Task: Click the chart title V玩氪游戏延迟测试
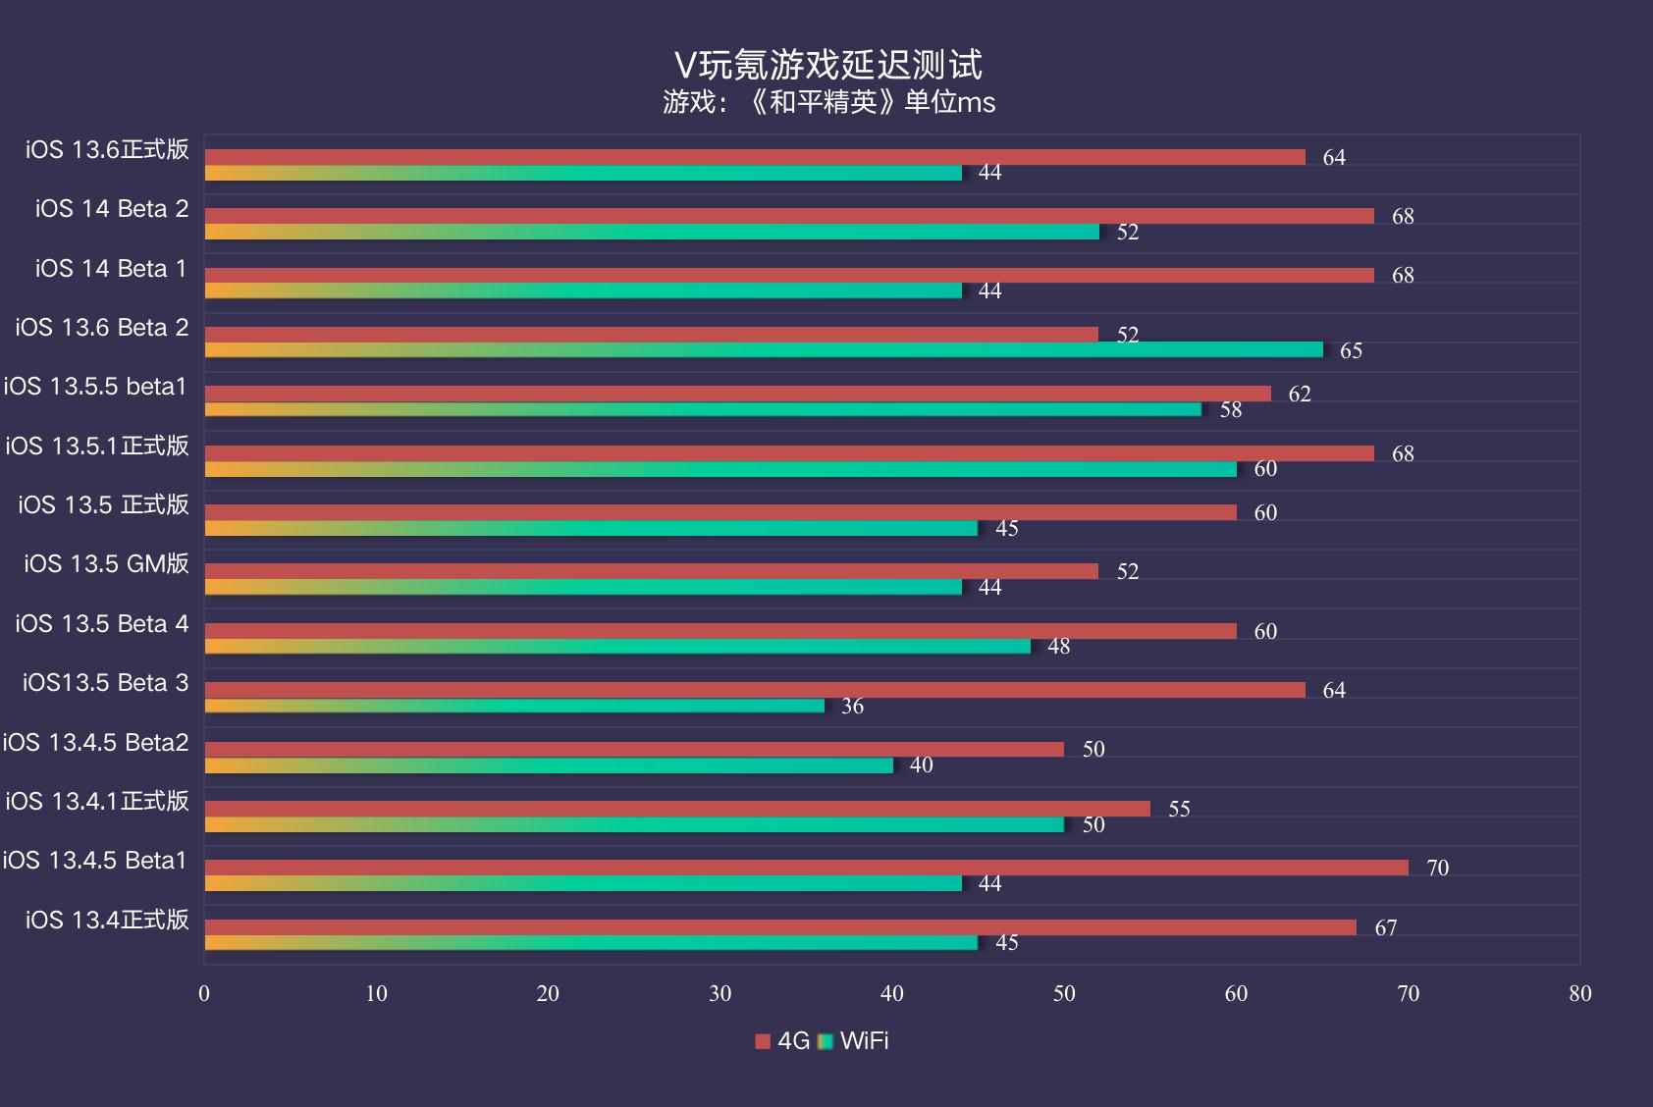(827, 65)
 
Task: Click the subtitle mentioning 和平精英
(827, 102)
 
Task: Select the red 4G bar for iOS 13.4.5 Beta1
(805, 868)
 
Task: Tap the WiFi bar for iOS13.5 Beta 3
(513, 706)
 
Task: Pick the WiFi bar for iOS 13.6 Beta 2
(763, 350)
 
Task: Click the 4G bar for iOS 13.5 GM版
(651, 571)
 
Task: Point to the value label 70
(1437, 868)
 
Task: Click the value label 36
(852, 706)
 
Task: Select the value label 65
(1351, 350)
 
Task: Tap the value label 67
(1385, 927)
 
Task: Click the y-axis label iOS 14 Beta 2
(112, 209)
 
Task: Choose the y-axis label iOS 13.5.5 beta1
(95, 387)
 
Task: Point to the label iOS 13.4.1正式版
(96, 801)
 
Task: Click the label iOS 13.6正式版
(107, 149)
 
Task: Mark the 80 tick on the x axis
(1579, 993)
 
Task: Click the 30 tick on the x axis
(720, 993)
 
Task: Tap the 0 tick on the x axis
(204, 993)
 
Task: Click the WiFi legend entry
(854, 1041)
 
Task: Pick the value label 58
(1230, 409)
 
